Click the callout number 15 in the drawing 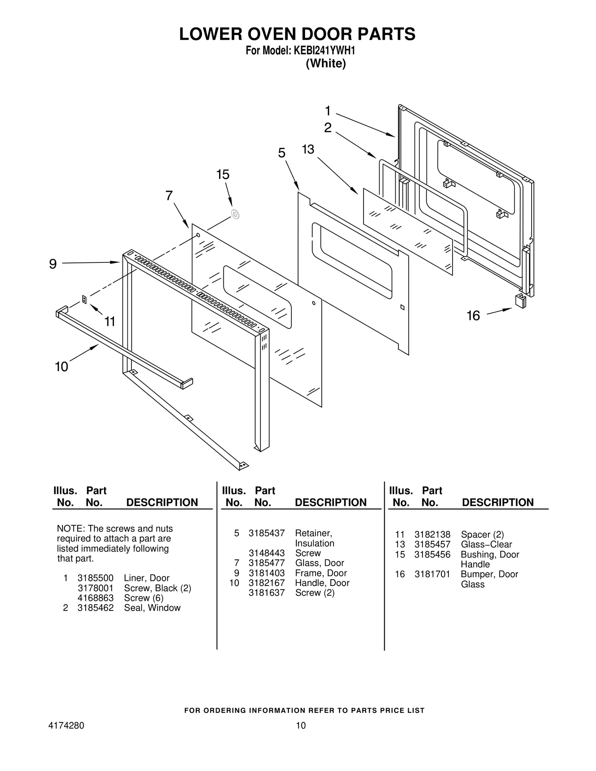223,175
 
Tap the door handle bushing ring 235,214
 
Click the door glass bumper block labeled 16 520,300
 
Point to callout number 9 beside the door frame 53,264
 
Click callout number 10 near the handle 61,367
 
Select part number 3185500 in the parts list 95,578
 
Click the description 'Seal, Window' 152,608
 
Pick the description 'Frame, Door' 321,573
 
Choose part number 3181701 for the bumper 432,574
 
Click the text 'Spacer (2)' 482,535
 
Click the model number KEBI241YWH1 324,51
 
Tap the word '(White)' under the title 326,64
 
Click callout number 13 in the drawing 308,149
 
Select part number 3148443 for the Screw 266,553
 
